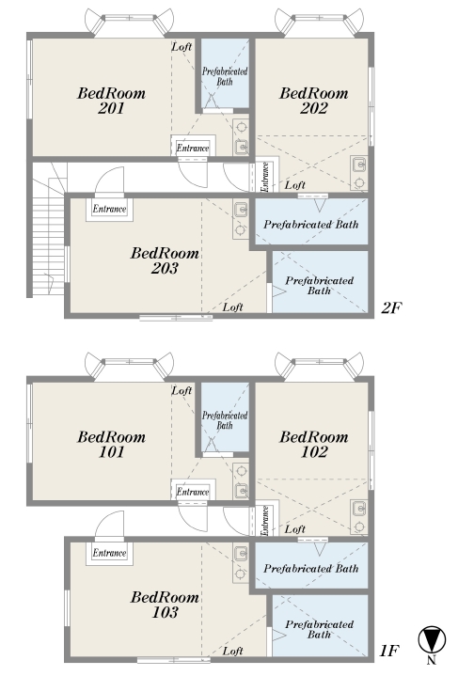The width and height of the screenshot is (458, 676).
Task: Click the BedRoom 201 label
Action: click(x=111, y=101)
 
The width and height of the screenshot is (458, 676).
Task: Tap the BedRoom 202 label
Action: click(x=313, y=101)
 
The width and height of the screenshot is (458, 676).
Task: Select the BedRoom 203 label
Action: click(x=165, y=260)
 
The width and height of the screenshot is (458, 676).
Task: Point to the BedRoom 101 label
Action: click(x=111, y=445)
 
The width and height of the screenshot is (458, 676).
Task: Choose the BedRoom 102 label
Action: click(x=313, y=445)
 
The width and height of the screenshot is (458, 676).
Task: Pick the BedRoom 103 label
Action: click(x=165, y=605)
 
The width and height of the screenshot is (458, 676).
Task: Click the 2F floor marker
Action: click(x=391, y=307)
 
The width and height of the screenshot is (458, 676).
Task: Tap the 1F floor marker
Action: click(x=389, y=651)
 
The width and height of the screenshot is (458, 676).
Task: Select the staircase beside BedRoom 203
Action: click(x=48, y=229)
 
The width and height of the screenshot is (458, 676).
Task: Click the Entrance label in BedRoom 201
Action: click(x=193, y=149)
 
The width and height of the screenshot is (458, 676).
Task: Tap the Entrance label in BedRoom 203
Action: click(x=109, y=209)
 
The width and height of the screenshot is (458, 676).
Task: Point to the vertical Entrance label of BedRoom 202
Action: click(x=265, y=177)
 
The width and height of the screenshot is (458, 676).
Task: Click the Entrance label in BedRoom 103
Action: click(x=109, y=553)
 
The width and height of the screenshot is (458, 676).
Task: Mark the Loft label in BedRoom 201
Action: click(x=182, y=47)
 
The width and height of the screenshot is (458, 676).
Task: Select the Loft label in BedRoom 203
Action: click(x=233, y=307)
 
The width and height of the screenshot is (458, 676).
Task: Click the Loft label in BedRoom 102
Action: click(x=295, y=529)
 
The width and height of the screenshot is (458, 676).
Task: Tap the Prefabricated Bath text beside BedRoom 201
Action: click(x=225, y=76)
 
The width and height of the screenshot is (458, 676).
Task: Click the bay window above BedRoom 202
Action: click(x=319, y=21)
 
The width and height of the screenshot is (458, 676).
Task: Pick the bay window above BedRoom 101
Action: click(x=129, y=366)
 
